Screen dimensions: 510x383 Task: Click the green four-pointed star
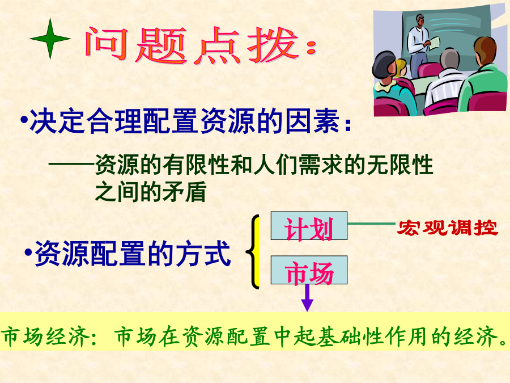tap(50, 39)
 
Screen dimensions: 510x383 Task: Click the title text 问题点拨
tap(192, 45)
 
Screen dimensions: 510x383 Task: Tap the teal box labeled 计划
tap(309, 226)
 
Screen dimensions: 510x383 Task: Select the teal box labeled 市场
tap(309, 270)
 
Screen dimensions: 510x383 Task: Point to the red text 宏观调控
tap(448, 228)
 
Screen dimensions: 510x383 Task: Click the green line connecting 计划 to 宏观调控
tap(371, 224)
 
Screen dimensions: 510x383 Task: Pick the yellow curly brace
tap(254, 252)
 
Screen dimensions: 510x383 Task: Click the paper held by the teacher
tap(435, 43)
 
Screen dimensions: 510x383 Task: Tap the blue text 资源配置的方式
tap(133, 254)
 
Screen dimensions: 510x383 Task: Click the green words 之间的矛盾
tap(151, 191)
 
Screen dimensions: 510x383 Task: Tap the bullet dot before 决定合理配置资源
tap(24, 120)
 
